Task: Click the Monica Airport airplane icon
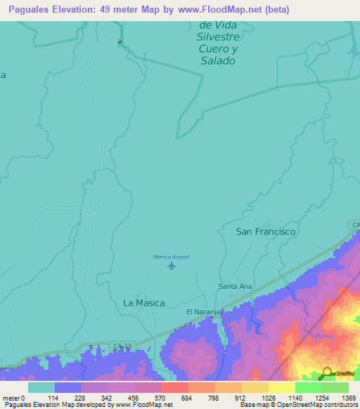172,266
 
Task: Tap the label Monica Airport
172,257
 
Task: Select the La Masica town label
144,303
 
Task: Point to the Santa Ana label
235,286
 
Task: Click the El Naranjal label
205,311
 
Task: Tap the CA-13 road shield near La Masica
120,345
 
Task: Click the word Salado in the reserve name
217,60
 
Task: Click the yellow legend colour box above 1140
281,387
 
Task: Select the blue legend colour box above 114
67,387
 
